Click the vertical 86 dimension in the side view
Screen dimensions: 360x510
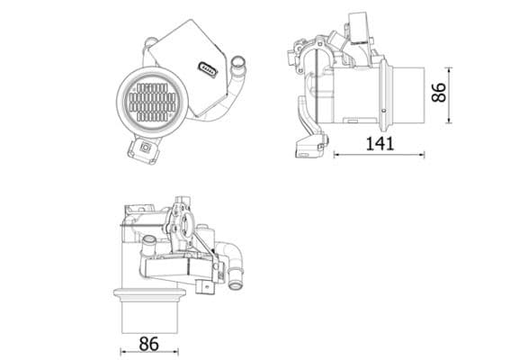440,93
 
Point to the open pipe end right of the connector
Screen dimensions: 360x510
238,63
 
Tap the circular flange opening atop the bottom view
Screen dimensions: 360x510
187,220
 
